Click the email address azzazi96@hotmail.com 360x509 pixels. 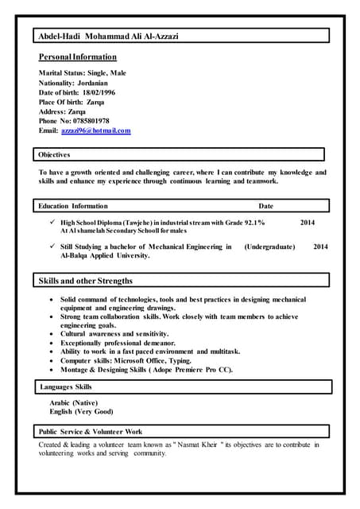(x=95, y=130)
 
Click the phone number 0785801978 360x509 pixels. (x=91, y=121)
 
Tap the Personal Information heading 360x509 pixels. (x=78, y=57)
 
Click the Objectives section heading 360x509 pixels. (x=54, y=154)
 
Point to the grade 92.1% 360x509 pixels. (x=250, y=223)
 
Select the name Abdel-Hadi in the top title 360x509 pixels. (x=60, y=37)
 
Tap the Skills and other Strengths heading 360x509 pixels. (x=86, y=281)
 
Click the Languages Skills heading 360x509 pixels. (x=66, y=387)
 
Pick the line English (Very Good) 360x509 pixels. (x=81, y=412)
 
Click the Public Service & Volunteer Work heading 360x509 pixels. (x=91, y=431)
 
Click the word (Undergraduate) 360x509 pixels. (x=269, y=247)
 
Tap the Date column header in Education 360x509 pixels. (x=265, y=206)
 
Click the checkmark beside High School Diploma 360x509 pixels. (x=52, y=223)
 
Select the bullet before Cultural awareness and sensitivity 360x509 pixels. (x=51, y=334)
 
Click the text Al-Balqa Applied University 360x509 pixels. (x=94, y=256)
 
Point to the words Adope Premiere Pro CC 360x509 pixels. (x=192, y=369)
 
